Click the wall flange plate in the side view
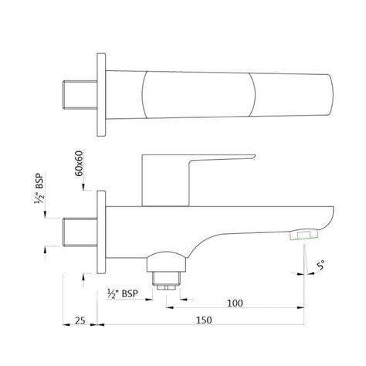100,229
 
